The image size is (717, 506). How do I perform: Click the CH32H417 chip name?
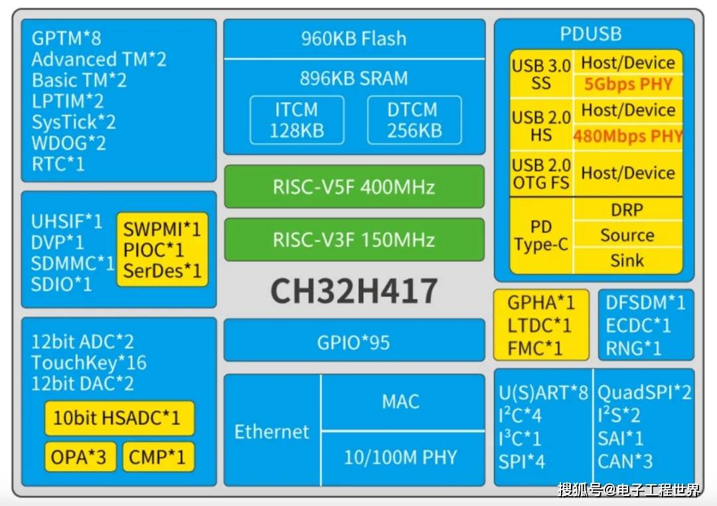(x=354, y=290)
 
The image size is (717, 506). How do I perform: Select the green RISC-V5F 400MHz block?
(x=354, y=187)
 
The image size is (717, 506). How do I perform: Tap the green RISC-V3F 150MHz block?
(x=354, y=240)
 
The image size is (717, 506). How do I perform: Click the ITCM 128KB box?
(x=297, y=120)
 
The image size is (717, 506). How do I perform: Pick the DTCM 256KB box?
(x=414, y=120)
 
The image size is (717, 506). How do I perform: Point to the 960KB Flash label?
(x=354, y=39)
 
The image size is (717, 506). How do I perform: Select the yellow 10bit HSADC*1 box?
(x=119, y=418)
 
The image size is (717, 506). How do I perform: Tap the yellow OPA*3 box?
(x=80, y=457)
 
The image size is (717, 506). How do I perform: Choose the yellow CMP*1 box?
(x=158, y=457)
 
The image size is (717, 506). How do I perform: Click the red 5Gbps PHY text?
(x=628, y=84)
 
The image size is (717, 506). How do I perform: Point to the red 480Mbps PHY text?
(x=628, y=136)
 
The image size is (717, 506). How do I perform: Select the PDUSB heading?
(x=591, y=35)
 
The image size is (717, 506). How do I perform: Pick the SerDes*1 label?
(x=163, y=271)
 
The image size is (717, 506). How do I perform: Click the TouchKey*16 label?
(x=89, y=363)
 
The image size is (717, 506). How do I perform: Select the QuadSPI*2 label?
(x=644, y=392)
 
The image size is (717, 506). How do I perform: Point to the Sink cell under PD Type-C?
(x=627, y=260)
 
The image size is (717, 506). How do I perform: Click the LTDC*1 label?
(x=539, y=326)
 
